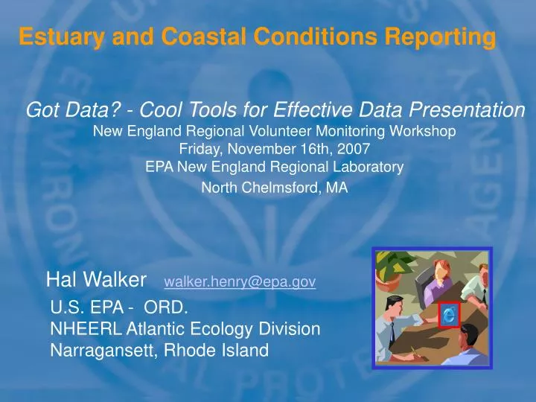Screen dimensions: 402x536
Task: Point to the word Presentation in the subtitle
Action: (x=465, y=110)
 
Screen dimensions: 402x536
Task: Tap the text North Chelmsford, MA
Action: (x=275, y=188)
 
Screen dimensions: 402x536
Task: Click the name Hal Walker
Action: (x=96, y=280)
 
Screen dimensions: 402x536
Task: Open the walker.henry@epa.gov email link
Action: (x=240, y=281)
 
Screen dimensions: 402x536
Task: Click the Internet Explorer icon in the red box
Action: (x=449, y=315)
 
